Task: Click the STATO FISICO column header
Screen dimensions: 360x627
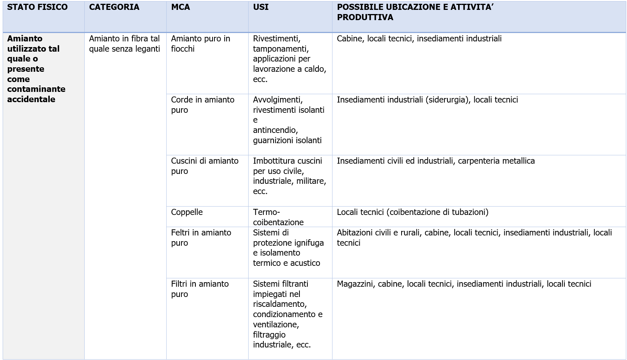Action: (x=37, y=7)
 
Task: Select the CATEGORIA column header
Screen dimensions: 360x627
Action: (x=114, y=7)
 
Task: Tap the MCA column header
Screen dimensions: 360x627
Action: (x=180, y=7)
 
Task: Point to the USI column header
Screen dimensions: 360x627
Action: (x=261, y=7)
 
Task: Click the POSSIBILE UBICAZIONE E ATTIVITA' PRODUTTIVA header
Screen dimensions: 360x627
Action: (x=415, y=12)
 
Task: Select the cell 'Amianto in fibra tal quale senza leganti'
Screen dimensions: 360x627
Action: (x=124, y=44)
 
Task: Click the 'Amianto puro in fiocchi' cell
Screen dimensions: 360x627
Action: (x=200, y=44)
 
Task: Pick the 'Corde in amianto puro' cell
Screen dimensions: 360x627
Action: (x=202, y=105)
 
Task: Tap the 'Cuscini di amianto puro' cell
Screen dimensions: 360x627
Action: (x=205, y=166)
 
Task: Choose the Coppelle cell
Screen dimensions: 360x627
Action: (x=187, y=212)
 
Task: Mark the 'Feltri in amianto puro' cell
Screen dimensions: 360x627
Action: (x=201, y=238)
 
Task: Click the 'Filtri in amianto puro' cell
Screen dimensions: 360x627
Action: (x=200, y=289)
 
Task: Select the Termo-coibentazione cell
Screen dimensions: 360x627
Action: (x=278, y=217)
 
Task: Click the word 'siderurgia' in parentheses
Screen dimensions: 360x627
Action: (x=447, y=100)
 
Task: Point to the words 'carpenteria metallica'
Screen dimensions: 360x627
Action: (x=496, y=161)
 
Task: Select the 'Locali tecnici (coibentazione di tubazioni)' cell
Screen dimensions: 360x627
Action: (x=413, y=212)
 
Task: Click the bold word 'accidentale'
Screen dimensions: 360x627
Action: (x=31, y=99)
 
